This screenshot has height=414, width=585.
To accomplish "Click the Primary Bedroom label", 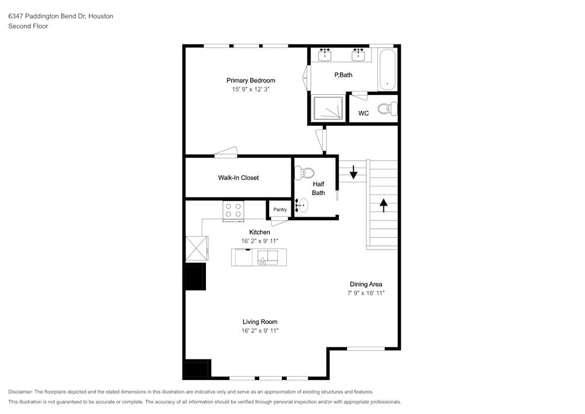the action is [251, 80].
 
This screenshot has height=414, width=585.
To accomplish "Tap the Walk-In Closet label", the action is [239, 177].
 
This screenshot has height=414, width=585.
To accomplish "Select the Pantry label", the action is [280, 210].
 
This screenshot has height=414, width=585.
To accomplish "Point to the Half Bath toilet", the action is [304, 173].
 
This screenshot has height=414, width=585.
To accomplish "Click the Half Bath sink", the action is [302, 206].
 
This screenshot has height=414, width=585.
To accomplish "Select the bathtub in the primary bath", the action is [387, 70].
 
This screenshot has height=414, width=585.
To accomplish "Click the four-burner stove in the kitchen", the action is [233, 211].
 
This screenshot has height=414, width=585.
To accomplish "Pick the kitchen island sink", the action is [267, 258].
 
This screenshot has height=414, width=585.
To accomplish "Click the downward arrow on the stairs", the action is [353, 172].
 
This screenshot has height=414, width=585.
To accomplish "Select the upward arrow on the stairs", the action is [384, 206].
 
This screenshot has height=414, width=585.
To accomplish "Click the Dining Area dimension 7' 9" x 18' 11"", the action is [366, 293].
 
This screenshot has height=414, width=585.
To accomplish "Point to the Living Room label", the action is [260, 322].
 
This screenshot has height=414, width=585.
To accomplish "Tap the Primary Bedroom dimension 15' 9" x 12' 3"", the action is [251, 89].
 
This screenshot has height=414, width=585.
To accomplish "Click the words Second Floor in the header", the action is [28, 26].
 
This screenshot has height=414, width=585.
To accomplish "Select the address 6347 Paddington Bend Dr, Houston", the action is [61, 16].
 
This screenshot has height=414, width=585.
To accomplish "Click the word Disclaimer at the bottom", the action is [20, 392].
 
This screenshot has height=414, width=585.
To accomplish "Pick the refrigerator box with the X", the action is [197, 248].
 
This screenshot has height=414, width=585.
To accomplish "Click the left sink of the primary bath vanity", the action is [325, 55].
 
